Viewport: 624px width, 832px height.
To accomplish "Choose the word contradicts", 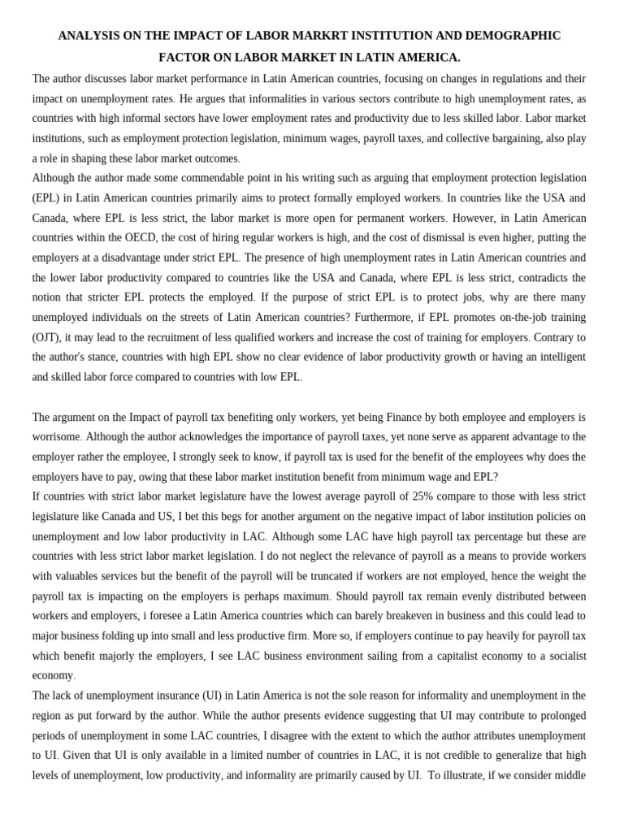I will [555, 277].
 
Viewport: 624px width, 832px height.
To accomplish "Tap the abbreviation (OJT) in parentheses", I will [50, 336].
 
